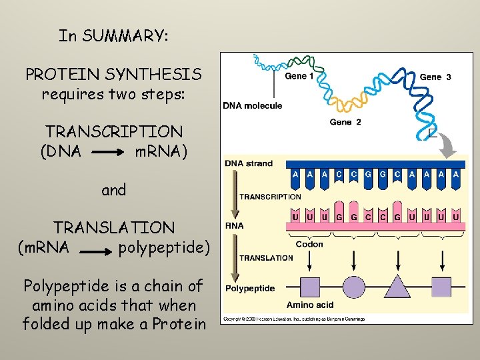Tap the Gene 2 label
tap(345, 123)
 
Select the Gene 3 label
tap(435, 77)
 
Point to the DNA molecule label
tap(253, 105)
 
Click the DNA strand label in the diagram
tap(249, 163)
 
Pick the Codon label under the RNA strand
tap(309, 244)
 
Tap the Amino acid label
tap(310, 305)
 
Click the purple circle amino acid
tap(353, 287)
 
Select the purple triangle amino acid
tap(398, 287)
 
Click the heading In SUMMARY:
tap(113, 35)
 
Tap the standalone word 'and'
tap(113, 190)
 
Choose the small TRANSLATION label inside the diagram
tap(266, 258)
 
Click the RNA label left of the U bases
tap(235, 225)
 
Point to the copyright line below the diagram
tap(293, 319)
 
